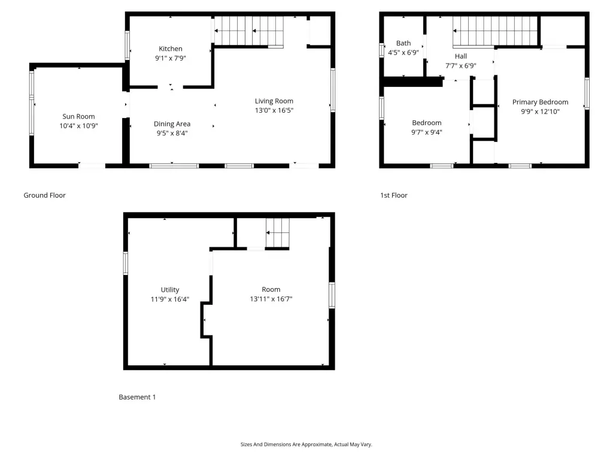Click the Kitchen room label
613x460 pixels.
pos(171,49)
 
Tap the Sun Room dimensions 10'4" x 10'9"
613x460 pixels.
pos(78,126)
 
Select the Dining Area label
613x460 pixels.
pos(172,124)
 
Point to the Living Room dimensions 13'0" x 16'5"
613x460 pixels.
pos(274,110)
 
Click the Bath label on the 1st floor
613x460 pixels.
pos(403,43)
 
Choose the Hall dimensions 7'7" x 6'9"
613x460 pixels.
pos(461,66)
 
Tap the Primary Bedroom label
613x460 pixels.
pos(541,102)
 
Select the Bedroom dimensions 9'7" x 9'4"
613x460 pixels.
pos(426,132)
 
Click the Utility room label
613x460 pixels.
pos(170,290)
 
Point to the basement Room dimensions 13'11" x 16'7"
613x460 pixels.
pos(271,299)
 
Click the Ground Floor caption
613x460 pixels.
pos(44,195)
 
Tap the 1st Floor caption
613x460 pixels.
pos(394,195)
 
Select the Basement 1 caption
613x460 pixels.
pos(137,397)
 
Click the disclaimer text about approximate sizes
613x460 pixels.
pos(306,444)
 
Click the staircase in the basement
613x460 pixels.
pos(278,233)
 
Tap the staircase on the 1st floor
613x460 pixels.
pos(495,31)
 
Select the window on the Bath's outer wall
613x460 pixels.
pos(381,50)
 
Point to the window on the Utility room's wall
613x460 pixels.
pos(126,264)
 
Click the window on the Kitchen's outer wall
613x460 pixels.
pos(127,46)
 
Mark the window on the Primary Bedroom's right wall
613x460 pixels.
pos(587,94)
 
